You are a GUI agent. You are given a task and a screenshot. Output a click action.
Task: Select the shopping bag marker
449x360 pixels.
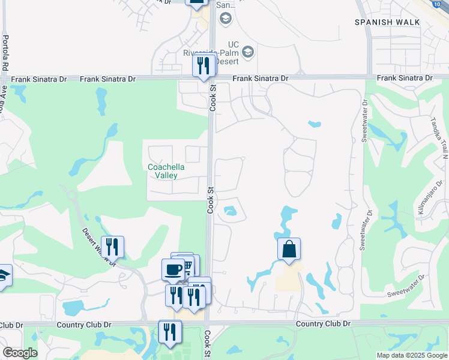(289, 248)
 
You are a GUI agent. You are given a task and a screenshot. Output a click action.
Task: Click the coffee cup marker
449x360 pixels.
(173, 269)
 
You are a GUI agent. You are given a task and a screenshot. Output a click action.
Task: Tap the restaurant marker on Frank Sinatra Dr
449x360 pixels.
(204, 64)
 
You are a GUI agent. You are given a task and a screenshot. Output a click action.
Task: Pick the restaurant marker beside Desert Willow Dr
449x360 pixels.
(112, 247)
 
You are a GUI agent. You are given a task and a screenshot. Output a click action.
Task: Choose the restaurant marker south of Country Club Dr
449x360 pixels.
(170, 332)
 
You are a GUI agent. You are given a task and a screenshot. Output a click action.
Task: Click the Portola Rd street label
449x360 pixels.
(5, 53)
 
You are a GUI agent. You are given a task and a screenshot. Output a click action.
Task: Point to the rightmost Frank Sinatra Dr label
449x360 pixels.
(405, 78)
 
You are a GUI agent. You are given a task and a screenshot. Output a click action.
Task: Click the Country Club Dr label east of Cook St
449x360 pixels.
(323, 323)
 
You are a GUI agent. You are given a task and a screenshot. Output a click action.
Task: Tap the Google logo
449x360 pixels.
(19, 353)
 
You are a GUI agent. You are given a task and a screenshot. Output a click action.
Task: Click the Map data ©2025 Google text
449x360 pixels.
(411, 355)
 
